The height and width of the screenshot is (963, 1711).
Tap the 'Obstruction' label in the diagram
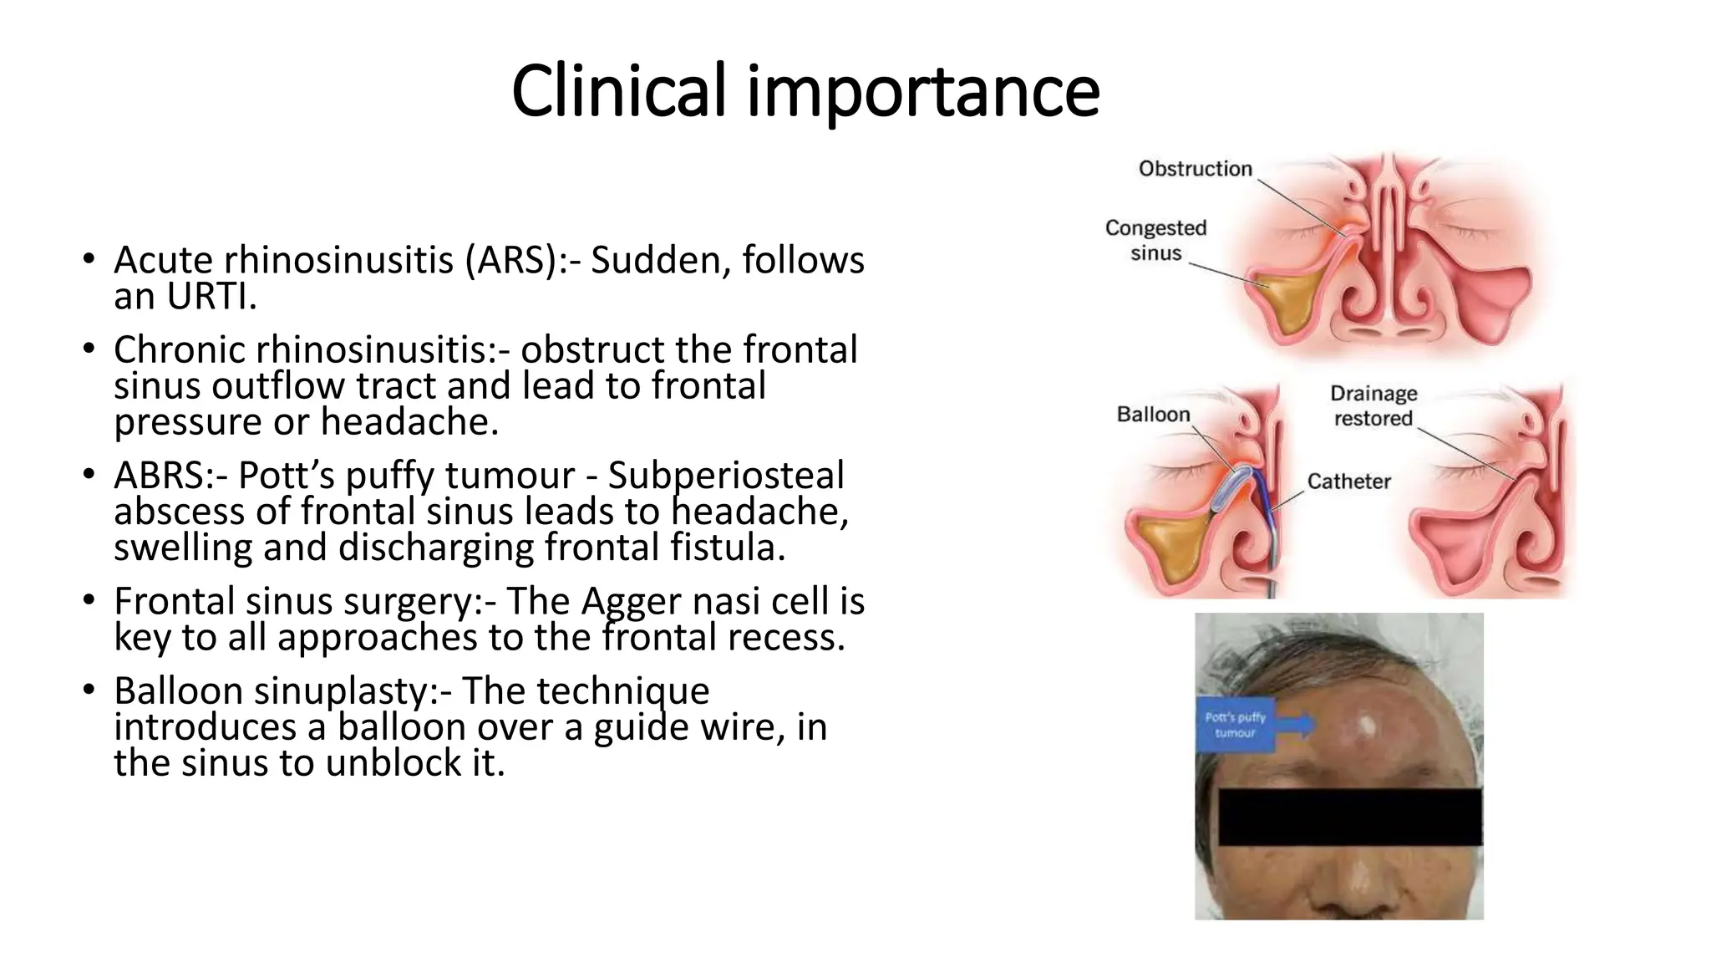pyautogui.click(x=1195, y=169)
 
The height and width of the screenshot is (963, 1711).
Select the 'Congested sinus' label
pyautogui.click(x=1155, y=240)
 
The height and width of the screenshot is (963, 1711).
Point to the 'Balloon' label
pyautogui.click(x=1153, y=415)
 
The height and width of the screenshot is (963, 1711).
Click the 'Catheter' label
pyautogui.click(x=1348, y=481)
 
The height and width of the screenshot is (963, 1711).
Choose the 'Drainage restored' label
pyautogui.click(x=1373, y=405)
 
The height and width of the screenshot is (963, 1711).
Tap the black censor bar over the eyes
pyautogui.click(x=1349, y=816)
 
